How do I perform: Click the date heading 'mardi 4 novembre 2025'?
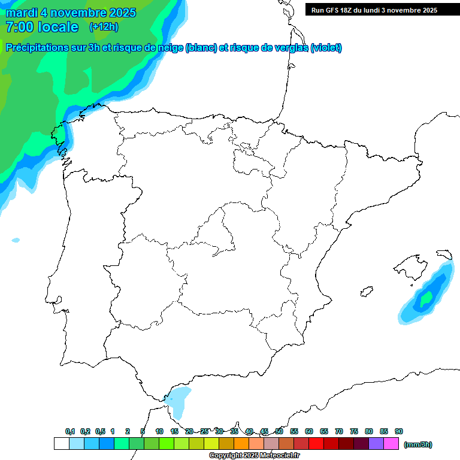(71, 13)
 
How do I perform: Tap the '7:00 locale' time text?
(42, 27)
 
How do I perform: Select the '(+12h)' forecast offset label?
(104, 26)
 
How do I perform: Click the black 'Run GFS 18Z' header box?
(382, 10)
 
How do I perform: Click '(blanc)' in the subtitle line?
(201, 48)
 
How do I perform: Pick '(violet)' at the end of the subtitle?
(326, 48)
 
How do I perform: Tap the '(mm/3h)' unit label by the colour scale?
(418, 444)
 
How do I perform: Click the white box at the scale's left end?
(61, 444)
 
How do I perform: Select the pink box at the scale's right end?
(391, 444)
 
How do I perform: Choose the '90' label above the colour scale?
(399, 431)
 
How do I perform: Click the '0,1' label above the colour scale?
(70, 431)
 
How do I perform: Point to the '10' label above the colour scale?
(159, 431)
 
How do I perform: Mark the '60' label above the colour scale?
(309, 431)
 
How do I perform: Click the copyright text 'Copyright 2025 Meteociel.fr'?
(254, 456)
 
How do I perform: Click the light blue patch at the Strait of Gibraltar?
(178, 398)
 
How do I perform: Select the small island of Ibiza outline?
(365, 292)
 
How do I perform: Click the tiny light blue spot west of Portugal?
(16, 240)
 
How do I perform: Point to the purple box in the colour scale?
(376, 444)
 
